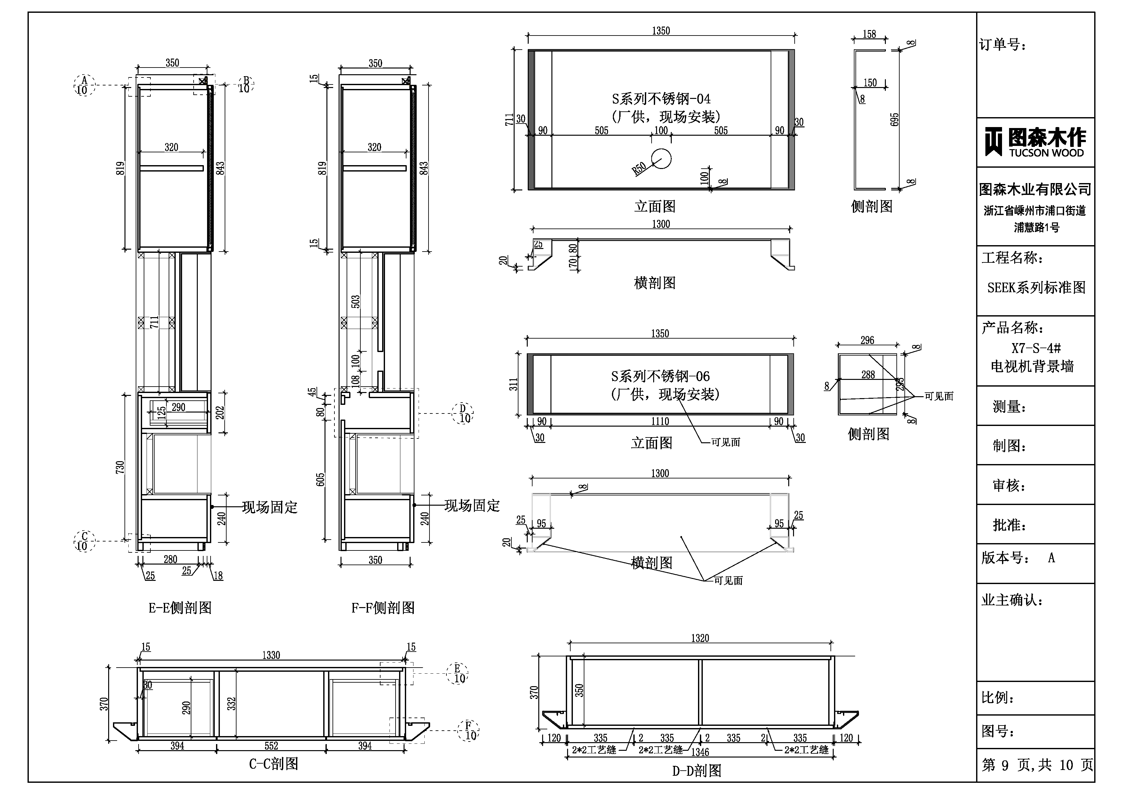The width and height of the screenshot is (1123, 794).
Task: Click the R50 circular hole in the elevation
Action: (661, 158)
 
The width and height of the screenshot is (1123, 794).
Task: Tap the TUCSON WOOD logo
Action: (1035, 142)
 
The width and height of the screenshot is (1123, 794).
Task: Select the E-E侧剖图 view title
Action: (180, 608)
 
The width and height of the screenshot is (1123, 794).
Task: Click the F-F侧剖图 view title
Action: (383, 608)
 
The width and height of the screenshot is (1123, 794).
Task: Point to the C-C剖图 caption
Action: (273, 764)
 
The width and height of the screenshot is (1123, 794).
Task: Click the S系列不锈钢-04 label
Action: (661, 99)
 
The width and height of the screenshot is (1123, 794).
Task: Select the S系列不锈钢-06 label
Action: (660, 376)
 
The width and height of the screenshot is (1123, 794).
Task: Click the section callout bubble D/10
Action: (463, 413)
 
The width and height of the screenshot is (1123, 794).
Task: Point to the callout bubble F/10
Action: (469, 730)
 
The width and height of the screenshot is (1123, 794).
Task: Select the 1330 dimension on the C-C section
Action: (271, 655)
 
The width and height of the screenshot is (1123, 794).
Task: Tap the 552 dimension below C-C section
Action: (271, 746)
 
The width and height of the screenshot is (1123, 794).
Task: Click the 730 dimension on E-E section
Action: (120, 467)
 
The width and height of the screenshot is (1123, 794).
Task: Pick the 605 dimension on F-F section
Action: (320, 479)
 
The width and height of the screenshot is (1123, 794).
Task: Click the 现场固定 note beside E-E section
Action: (269, 507)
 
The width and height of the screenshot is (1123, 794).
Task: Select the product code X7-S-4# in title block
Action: (1035, 348)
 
